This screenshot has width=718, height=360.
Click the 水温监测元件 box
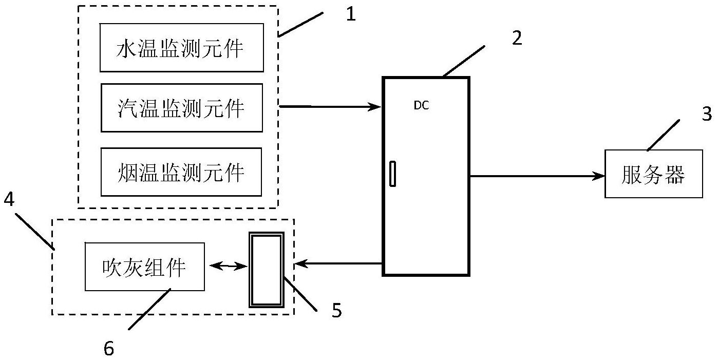tap(181, 48)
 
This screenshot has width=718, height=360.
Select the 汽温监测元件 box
tap(181, 108)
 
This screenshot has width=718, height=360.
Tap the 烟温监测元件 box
tap(181, 172)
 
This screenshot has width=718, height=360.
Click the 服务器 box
tap(653, 174)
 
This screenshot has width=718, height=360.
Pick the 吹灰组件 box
tap(144, 267)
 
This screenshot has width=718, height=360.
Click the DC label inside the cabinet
tap(421, 106)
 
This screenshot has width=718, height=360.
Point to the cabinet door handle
tap(392, 174)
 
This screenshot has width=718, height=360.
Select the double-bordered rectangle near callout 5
tap(266, 270)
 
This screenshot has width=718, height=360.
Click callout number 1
tap(350, 14)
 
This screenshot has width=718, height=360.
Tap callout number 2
tap(517, 39)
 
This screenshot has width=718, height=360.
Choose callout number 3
tap(707, 113)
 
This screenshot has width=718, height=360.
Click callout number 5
tap(336, 311)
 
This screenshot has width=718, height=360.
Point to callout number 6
tap(108, 348)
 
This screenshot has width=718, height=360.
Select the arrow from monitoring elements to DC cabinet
tap(329, 107)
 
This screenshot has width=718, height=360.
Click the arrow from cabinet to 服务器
tap(537, 176)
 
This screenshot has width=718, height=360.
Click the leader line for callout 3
tap(663, 135)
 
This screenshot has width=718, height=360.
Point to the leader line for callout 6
tap(149, 309)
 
